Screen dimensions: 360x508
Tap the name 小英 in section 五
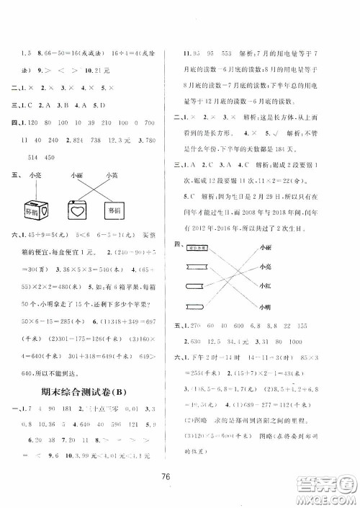111,174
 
